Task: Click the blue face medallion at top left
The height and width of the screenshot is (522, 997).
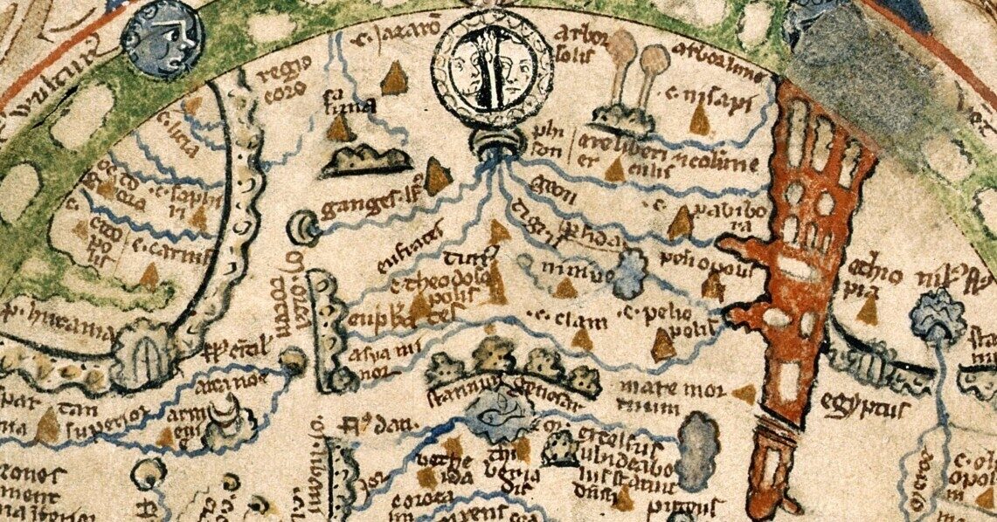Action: (163, 39)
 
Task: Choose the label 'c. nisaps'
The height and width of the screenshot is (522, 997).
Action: (709, 97)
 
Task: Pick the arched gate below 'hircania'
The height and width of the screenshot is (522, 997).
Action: (139, 356)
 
